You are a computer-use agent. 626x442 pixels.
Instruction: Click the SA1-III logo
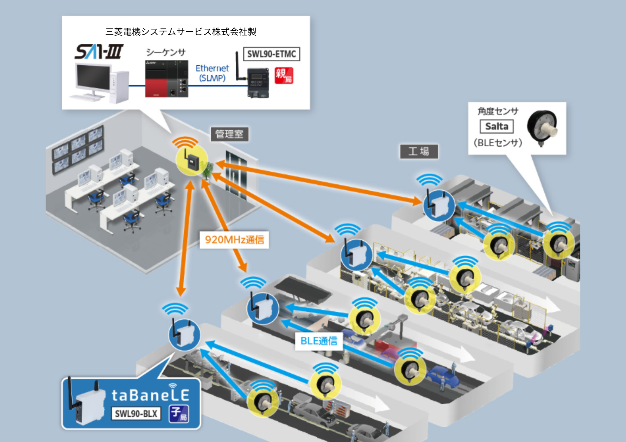99,52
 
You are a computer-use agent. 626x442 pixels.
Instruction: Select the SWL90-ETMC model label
271,54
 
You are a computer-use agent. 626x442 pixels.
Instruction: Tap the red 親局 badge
284,76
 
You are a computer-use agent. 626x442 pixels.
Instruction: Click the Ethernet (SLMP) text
212,73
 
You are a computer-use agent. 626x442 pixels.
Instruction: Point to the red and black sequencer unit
166,79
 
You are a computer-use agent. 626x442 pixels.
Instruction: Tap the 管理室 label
229,134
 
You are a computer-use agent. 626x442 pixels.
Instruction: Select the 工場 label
419,152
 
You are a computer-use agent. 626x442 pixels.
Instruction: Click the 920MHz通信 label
234,240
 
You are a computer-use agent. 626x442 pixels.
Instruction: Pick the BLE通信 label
319,341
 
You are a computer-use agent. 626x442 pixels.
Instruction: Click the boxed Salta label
496,126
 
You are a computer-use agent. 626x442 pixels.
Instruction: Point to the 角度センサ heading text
498,111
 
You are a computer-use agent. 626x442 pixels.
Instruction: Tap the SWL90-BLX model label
136,414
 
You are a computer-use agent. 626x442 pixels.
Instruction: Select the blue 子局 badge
179,414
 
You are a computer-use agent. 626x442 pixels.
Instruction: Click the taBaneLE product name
150,395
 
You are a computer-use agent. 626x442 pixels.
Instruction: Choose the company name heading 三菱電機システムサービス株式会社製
181,32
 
